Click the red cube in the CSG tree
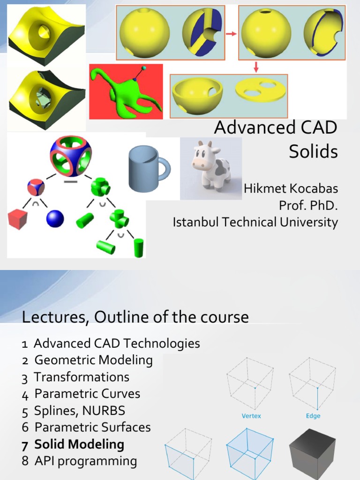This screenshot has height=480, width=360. click(17, 219)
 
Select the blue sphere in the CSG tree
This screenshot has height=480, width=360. click(55, 219)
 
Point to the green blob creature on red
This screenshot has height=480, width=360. click(127, 91)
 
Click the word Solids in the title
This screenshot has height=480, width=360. click(313, 151)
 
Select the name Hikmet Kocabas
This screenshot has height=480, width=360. click(291, 189)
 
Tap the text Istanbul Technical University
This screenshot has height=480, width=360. click(255, 222)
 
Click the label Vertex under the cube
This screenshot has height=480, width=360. click(251, 416)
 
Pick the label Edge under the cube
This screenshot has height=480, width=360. click(313, 416)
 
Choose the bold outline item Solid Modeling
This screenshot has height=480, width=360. click(79, 444)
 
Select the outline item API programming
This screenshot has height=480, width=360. click(85, 461)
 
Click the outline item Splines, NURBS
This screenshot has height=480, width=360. click(80, 411)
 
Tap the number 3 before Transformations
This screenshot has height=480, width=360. click(24, 378)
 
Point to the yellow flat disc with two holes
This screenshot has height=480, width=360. click(260, 90)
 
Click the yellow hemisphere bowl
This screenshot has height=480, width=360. click(197, 94)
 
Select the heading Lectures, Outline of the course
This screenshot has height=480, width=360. click(135, 317)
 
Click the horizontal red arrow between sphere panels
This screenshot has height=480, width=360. click(231, 33)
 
